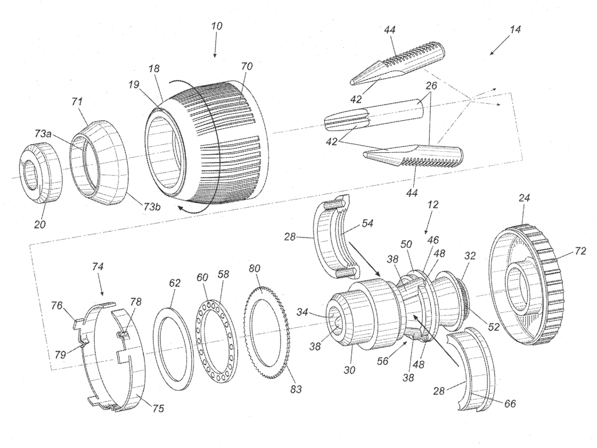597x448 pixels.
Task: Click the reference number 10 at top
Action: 216,27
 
